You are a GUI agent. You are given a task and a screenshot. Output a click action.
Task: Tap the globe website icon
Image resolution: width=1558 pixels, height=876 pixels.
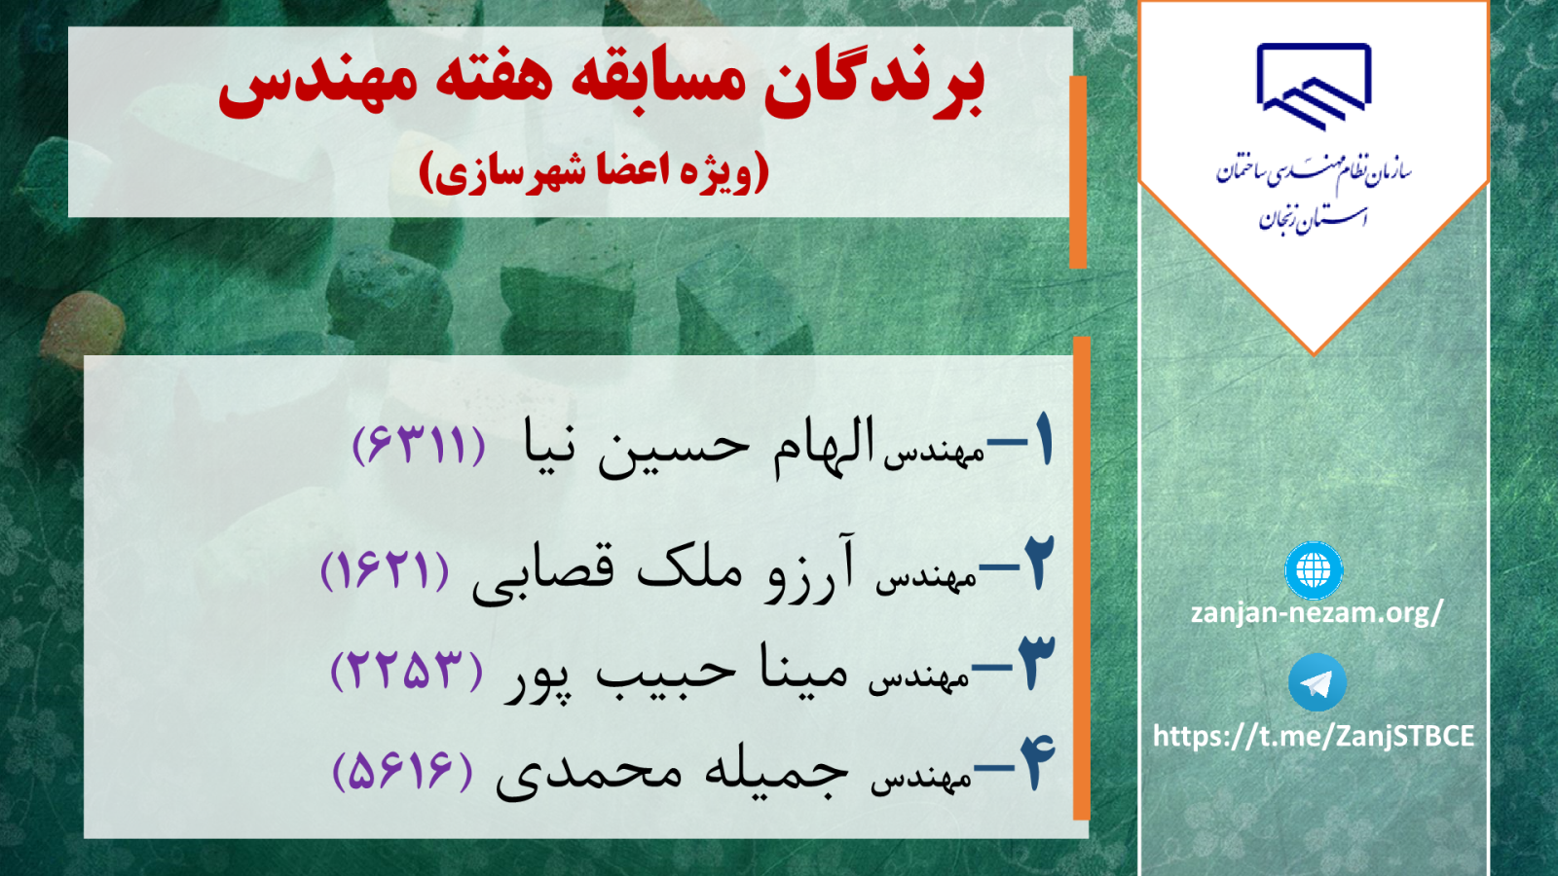pyautogui.click(x=1314, y=570)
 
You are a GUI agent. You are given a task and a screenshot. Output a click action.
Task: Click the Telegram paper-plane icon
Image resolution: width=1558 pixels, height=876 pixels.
pyautogui.click(x=1317, y=682)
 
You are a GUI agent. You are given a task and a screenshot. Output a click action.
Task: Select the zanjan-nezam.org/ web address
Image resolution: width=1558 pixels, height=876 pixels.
pyautogui.click(x=1317, y=612)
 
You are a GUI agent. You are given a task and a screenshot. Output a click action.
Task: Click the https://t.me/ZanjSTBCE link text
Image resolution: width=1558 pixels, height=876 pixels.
pyautogui.click(x=1314, y=736)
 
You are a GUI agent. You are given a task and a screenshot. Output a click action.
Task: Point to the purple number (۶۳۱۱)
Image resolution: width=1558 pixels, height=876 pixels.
pyautogui.click(x=419, y=445)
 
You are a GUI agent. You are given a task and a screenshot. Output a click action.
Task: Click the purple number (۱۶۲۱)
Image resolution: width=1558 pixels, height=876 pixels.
pyautogui.click(x=385, y=570)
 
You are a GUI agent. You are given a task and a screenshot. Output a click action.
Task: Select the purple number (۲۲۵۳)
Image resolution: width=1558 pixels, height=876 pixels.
pyautogui.click(x=407, y=671)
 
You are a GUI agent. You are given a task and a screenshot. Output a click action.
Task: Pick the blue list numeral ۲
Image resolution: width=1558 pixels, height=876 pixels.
pyautogui.click(x=1038, y=563)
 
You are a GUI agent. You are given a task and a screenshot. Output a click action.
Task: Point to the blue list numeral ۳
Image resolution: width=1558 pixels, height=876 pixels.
pyautogui.click(x=1036, y=663)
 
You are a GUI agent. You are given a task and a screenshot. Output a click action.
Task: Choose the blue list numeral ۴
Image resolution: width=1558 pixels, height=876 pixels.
pyautogui.click(x=1037, y=763)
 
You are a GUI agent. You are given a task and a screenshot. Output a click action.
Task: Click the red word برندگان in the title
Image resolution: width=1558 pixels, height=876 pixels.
pyautogui.click(x=874, y=85)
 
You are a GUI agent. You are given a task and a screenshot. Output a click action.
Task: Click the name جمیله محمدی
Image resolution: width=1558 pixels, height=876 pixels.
pyautogui.click(x=672, y=775)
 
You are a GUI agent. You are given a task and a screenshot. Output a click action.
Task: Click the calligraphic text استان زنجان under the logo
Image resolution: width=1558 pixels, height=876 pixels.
pyautogui.click(x=1314, y=219)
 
